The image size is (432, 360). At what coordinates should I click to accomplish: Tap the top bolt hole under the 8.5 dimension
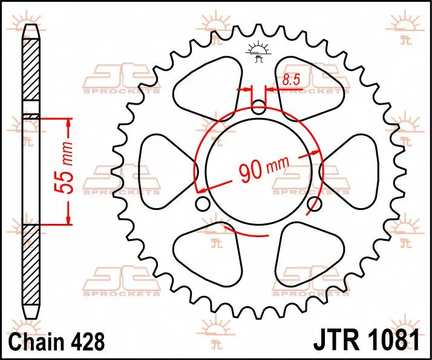pos(258,109)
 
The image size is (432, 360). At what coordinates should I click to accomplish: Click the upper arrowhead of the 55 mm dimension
pos(68,123)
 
